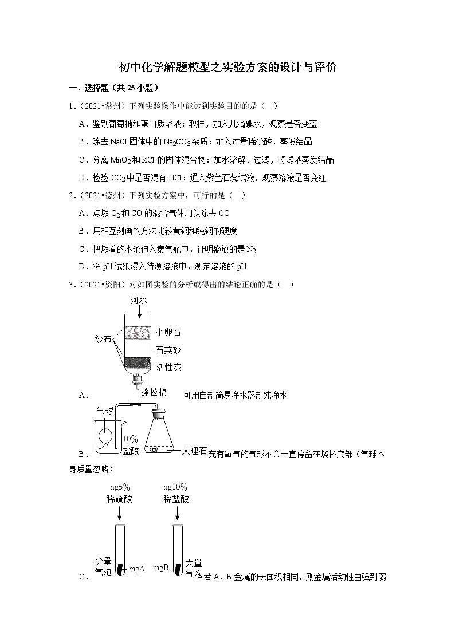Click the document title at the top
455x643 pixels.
(227, 68)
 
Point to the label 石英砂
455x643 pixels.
(168, 349)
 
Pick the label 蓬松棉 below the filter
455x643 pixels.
(154, 392)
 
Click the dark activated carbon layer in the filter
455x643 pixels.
(138, 363)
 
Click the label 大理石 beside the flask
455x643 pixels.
(193, 451)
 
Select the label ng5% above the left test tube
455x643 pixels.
(119, 487)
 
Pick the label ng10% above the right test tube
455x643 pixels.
(176, 487)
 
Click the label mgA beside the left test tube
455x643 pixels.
(136, 569)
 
